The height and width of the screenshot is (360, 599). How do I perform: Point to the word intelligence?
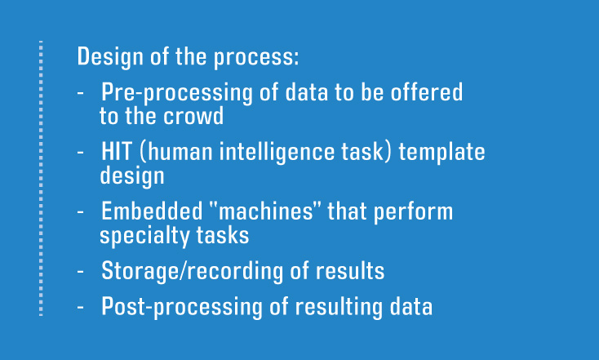pyautogui.click(x=267, y=153)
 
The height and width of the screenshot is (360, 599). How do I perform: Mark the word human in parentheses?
pyautogui.click(x=180, y=153)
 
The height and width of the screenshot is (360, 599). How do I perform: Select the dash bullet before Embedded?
pyautogui.click(x=82, y=213)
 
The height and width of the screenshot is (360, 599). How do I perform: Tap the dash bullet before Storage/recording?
pyautogui.click(x=82, y=273)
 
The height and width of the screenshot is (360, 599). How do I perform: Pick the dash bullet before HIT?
pyautogui.click(x=82, y=153)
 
